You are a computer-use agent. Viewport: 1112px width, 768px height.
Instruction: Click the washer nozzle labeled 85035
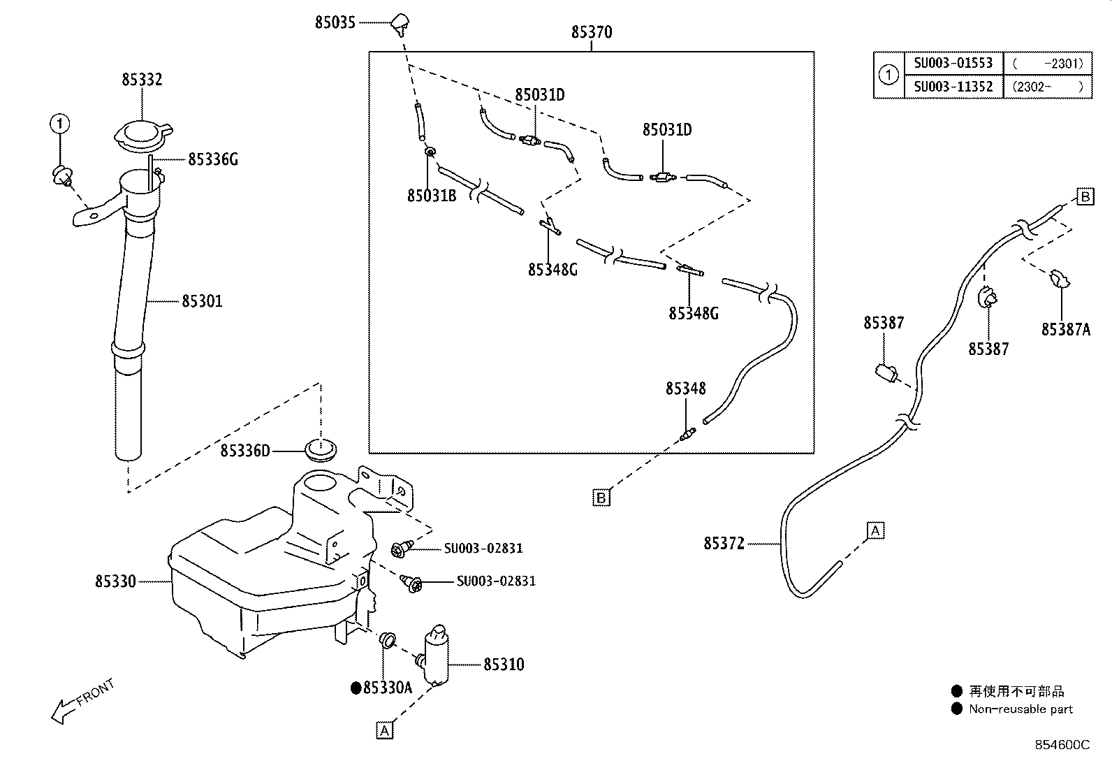click(x=400, y=25)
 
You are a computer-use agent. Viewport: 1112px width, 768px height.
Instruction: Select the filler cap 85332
click(x=143, y=136)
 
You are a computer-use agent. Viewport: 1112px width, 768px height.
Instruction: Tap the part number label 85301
click(x=202, y=301)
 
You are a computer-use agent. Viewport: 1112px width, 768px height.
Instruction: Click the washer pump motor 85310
click(x=435, y=655)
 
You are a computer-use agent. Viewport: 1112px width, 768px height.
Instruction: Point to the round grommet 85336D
click(x=321, y=449)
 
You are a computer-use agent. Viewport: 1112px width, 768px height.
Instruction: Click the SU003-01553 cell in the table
click(x=953, y=63)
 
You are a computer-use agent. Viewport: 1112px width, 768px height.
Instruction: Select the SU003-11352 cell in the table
click(x=953, y=87)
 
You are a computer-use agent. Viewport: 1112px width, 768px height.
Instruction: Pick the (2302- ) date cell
click(x=1048, y=87)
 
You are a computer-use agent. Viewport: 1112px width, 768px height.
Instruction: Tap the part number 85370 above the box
click(x=591, y=31)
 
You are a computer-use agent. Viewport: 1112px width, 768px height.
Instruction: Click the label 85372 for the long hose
click(x=724, y=544)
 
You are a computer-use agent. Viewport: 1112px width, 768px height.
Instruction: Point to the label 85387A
click(x=1066, y=329)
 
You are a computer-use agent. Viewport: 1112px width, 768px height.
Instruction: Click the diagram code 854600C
click(x=1062, y=745)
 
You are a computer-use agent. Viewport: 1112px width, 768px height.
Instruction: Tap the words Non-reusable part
click(x=1020, y=709)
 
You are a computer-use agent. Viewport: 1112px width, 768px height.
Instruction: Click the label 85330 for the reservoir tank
click(x=115, y=581)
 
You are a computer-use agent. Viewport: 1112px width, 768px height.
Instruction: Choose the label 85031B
click(x=432, y=196)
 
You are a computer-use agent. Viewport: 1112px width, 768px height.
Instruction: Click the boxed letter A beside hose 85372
click(x=876, y=530)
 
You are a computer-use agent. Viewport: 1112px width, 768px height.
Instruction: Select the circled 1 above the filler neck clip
click(x=60, y=124)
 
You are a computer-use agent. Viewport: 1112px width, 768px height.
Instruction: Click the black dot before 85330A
click(x=356, y=688)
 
